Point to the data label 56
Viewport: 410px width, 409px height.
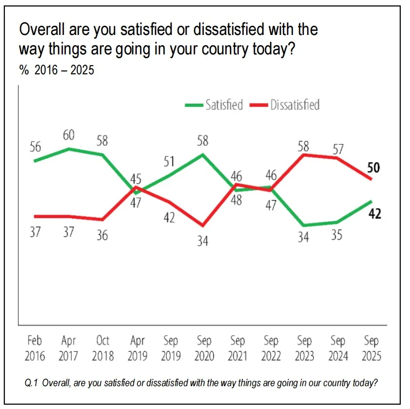(35, 147)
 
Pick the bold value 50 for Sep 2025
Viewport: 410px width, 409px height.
(374, 169)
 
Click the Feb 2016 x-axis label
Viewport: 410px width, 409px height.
(35, 348)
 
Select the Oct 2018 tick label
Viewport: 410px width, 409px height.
(102, 348)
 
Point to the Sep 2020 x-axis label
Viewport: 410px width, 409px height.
(204, 348)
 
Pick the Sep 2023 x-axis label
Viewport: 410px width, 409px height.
(304, 348)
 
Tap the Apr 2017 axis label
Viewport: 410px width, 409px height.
(68, 348)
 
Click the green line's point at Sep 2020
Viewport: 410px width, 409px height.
(204, 154)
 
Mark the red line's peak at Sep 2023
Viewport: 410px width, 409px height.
(304, 155)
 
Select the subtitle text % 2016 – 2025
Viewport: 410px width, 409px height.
(57, 70)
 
